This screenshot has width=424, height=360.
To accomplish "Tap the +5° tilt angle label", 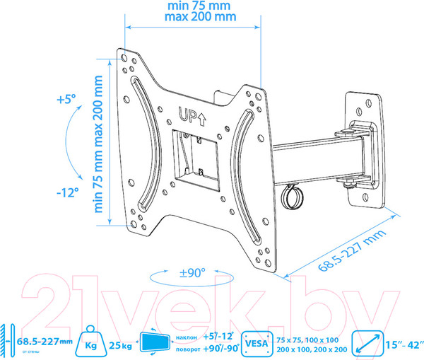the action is (66, 99).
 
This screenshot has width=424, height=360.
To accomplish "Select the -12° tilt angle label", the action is (68, 193).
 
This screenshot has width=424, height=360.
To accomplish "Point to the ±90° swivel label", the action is (192, 273).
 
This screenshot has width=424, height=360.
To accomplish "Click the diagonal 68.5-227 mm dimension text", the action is (352, 250).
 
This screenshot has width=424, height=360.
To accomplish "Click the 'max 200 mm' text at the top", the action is (201, 16).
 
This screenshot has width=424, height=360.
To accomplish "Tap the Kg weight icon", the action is (91, 342).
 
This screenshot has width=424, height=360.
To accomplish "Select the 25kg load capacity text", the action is (120, 345).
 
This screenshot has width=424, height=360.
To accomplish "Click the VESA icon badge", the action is (257, 344).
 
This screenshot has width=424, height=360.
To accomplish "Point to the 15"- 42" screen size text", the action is (404, 345).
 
